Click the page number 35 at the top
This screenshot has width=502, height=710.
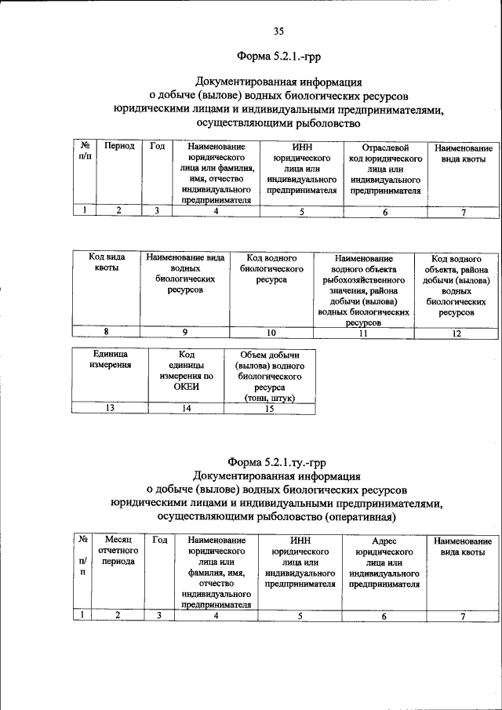[x=278, y=31]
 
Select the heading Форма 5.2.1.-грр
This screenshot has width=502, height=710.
[x=279, y=56]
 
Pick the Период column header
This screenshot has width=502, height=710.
[x=118, y=147]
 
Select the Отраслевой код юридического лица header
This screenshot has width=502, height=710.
[x=385, y=169]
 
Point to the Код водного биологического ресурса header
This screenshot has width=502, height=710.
[x=271, y=268]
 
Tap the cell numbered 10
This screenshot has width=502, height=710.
[x=271, y=333]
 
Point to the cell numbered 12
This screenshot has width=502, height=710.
[x=457, y=333]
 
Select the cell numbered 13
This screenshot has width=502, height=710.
[x=110, y=408]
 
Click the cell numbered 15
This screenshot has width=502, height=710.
[x=269, y=408]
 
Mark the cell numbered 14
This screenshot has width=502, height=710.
[x=187, y=408]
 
